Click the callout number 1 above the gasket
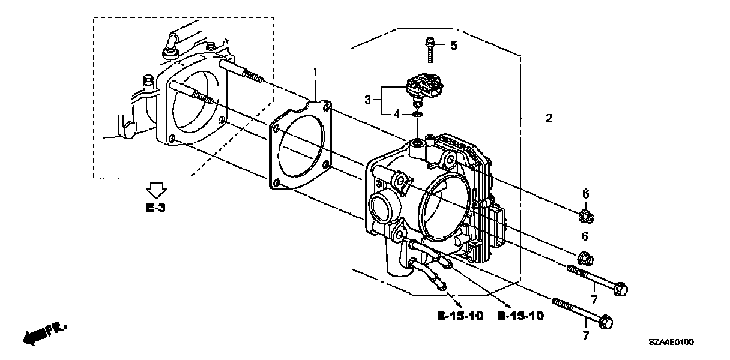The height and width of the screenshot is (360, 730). tap(314, 73)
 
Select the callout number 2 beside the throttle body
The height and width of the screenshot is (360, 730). tap(548, 119)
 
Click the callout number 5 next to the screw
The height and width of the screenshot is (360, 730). tap(454, 45)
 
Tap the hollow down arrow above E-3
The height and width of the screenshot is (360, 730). tap(156, 191)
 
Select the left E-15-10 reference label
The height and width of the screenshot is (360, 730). tap(459, 316)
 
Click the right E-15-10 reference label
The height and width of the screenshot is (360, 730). tap(520, 316)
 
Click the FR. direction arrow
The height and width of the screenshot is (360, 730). tap(44, 333)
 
